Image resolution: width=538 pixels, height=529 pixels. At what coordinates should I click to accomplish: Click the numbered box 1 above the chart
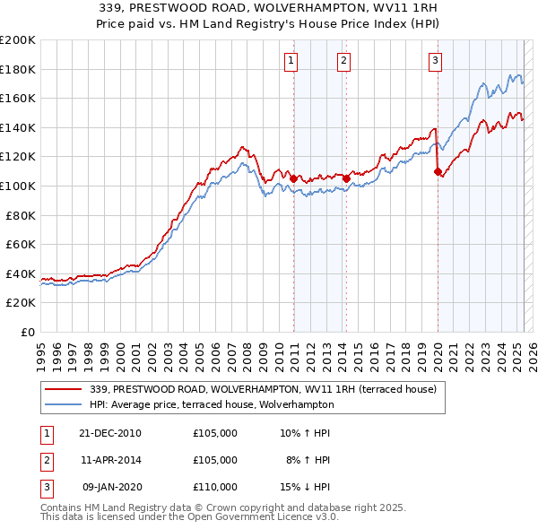coord(292,61)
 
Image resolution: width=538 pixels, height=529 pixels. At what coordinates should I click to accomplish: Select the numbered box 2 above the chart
coord(343,61)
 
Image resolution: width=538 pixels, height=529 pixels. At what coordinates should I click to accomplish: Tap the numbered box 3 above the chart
coord(435,61)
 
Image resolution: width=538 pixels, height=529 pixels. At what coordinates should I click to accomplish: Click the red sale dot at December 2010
coord(293,178)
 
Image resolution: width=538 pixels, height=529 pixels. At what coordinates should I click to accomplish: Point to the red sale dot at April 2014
coord(346,178)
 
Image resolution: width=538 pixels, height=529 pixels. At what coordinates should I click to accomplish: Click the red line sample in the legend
coord(63,389)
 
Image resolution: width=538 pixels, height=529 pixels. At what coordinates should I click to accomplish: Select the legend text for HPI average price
coord(212,404)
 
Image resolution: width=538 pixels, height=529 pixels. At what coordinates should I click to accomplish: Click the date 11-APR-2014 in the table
coord(110,460)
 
